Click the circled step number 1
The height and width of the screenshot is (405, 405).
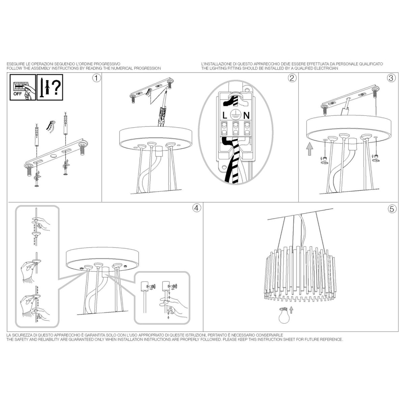[97, 78]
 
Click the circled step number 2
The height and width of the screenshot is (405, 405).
[292, 78]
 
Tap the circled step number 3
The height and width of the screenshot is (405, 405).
[391, 78]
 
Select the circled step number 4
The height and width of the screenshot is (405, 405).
[197, 208]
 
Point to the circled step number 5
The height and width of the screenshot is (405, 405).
[391, 209]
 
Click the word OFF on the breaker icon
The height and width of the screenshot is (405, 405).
[18, 94]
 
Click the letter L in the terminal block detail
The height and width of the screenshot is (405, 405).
[225, 115]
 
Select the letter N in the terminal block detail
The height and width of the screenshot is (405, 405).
[246, 115]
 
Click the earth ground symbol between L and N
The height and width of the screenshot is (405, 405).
[235, 115]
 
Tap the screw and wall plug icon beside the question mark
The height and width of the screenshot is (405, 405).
[45, 87]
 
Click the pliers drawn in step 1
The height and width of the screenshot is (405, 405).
[51, 127]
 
